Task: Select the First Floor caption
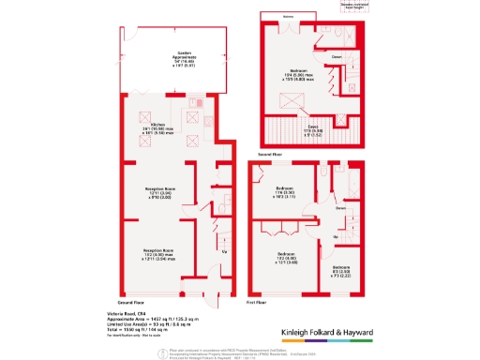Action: point(259,303)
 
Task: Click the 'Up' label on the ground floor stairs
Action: point(223,251)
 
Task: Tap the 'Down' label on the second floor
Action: point(337,56)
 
